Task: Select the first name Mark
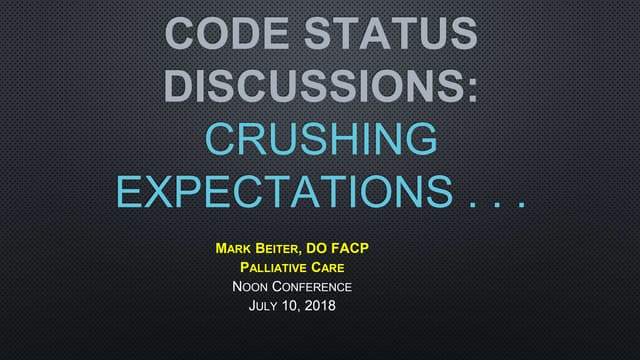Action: click(235, 245)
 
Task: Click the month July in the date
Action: click(267, 306)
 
